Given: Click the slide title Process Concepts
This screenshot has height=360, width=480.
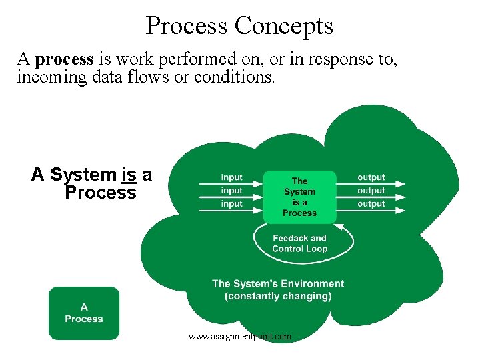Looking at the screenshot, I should tap(239, 26).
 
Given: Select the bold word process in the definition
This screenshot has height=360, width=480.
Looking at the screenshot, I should tap(65, 60).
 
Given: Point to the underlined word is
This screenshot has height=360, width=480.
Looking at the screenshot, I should tap(129, 175).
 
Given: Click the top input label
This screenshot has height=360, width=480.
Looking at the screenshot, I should tap(231, 177).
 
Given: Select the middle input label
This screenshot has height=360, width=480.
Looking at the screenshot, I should tap(231, 191).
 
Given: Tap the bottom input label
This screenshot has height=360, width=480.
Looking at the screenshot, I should tap(231, 204).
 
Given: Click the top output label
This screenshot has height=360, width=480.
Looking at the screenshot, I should tap(371, 177).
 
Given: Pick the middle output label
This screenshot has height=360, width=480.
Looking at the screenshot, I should tap(371, 191).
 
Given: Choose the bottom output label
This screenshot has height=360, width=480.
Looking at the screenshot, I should tap(371, 204).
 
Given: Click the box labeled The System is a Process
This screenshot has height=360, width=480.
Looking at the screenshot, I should tap(299, 197).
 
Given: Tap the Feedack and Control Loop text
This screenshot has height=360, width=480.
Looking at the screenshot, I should tap(299, 243).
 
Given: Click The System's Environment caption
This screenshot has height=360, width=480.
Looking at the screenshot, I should tap(278, 284).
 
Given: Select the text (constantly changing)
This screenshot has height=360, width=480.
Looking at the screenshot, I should tap(278, 296).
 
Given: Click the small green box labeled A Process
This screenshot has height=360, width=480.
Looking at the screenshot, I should tap(84, 313).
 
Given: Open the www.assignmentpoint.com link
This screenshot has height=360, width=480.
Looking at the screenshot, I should tap(240, 337).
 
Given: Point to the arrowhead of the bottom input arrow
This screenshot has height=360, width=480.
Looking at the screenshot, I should tap(259, 211).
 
